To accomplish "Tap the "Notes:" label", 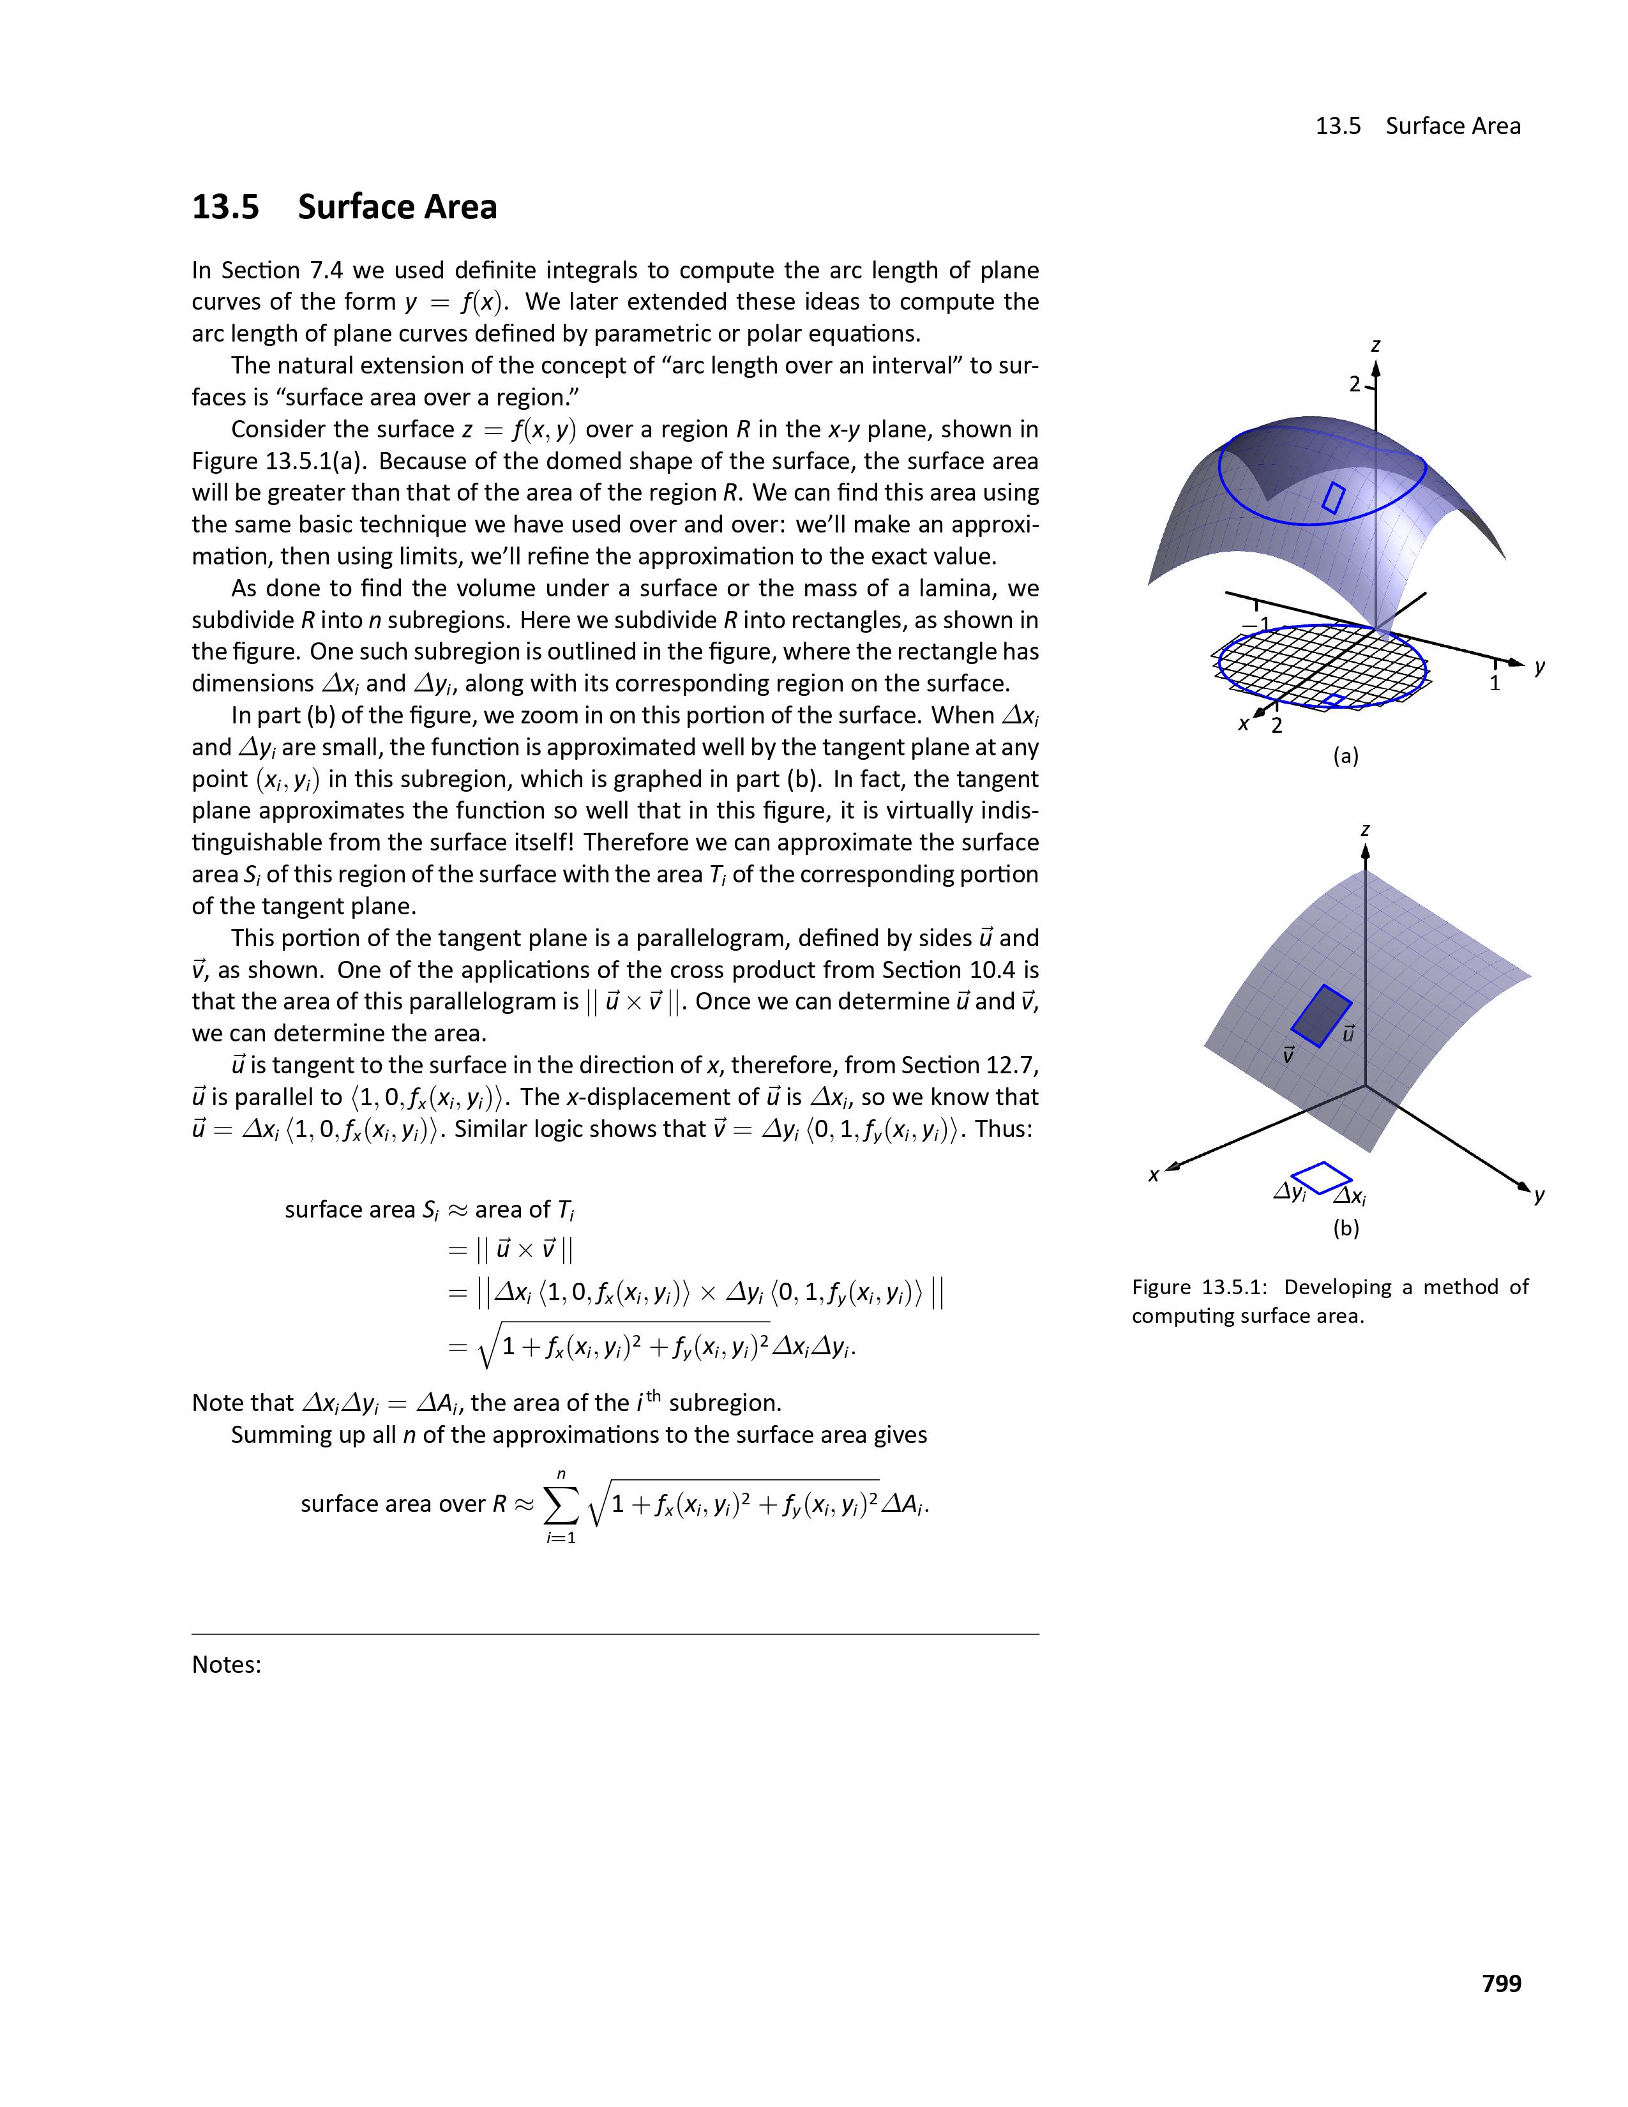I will tap(227, 1665).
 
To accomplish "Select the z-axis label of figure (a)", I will tap(1375, 345).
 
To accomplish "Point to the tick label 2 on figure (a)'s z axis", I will tap(1355, 384).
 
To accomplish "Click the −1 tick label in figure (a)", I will tap(1255, 624).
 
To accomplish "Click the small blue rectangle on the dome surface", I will tap(1334, 498).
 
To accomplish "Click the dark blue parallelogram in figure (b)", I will tap(1322, 1015).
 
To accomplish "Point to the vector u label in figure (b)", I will tap(1348, 1033).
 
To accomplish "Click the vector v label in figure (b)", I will tap(1288, 1055).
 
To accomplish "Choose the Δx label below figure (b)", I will tap(1349, 1197).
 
